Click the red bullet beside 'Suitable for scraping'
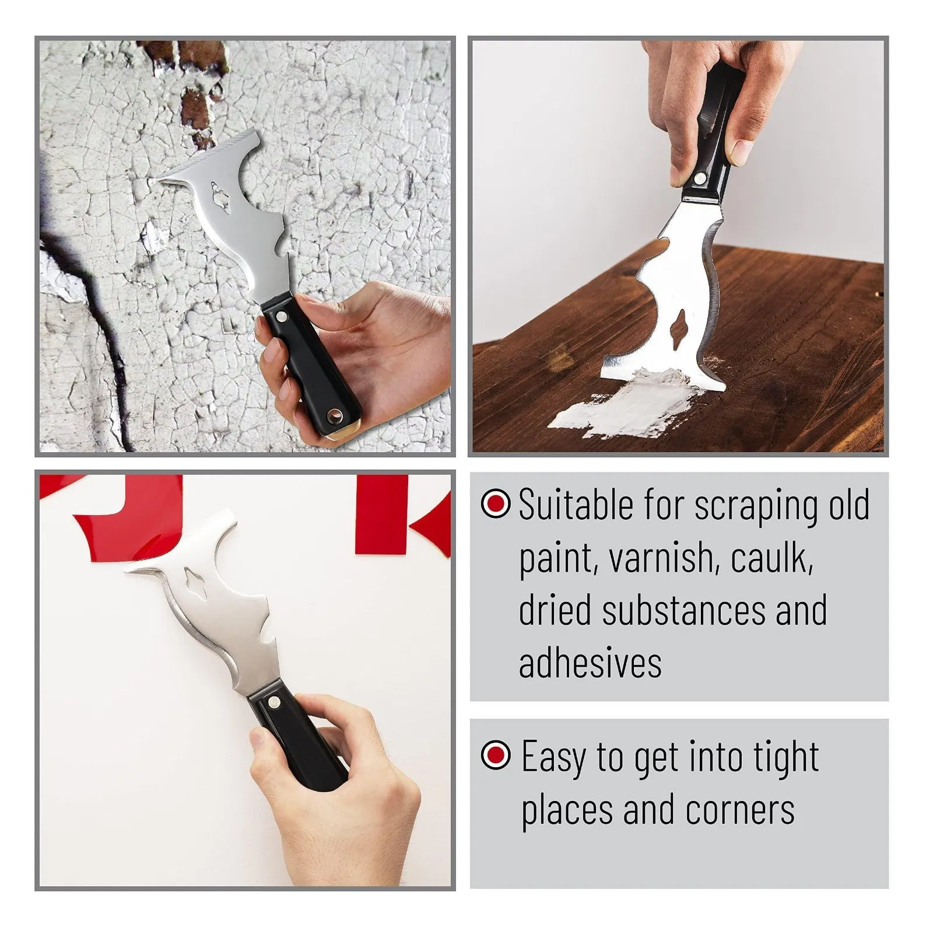496,503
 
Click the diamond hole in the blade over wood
679,324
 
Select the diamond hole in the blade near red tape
193,578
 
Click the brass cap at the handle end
350,432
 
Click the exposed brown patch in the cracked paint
195,106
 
